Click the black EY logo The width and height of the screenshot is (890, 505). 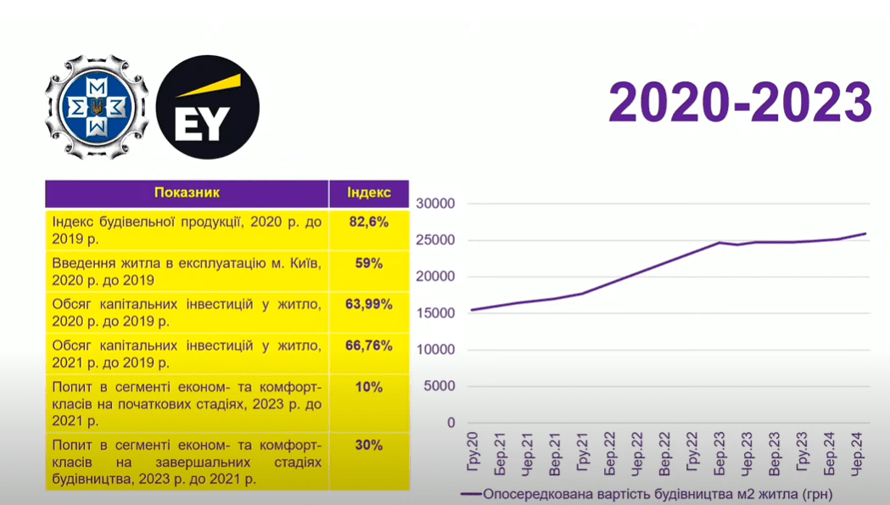click(x=209, y=108)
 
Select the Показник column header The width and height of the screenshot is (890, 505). click(x=187, y=193)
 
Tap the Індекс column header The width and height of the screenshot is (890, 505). click(x=369, y=193)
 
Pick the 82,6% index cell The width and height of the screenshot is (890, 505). click(x=369, y=222)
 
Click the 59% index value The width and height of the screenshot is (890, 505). click(x=369, y=263)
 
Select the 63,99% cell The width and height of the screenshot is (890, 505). click(x=369, y=304)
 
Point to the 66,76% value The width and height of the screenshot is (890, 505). click(x=369, y=345)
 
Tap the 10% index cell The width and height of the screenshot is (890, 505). click(x=369, y=387)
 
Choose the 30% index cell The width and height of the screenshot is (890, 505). click(x=369, y=445)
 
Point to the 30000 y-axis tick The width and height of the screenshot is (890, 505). click(x=439, y=204)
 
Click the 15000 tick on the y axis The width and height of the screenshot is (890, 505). click(x=439, y=313)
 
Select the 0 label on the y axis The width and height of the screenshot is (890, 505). click(x=451, y=423)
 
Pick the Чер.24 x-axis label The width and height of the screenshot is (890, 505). click(x=859, y=449)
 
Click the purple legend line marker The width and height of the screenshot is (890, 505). click(x=470, y=493)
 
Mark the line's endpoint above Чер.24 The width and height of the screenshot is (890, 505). click(x=865, y=233)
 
